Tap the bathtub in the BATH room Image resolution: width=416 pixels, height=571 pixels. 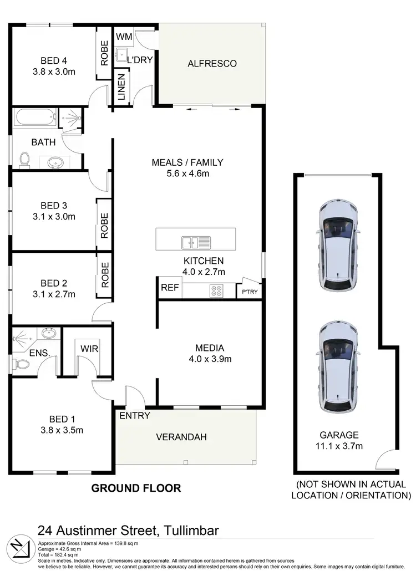[x=35, y=118]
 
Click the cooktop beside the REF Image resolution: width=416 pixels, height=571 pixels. [x=216, y=290]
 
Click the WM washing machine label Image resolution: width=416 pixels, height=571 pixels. [x=123, y=37]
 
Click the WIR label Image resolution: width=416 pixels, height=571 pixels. [x=89, y=348]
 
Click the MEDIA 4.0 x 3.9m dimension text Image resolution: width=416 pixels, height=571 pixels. [x=209, y=359]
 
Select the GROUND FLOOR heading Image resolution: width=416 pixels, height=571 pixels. [x=136, y=488]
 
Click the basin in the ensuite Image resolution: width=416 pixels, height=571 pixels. [x=48, y=334]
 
